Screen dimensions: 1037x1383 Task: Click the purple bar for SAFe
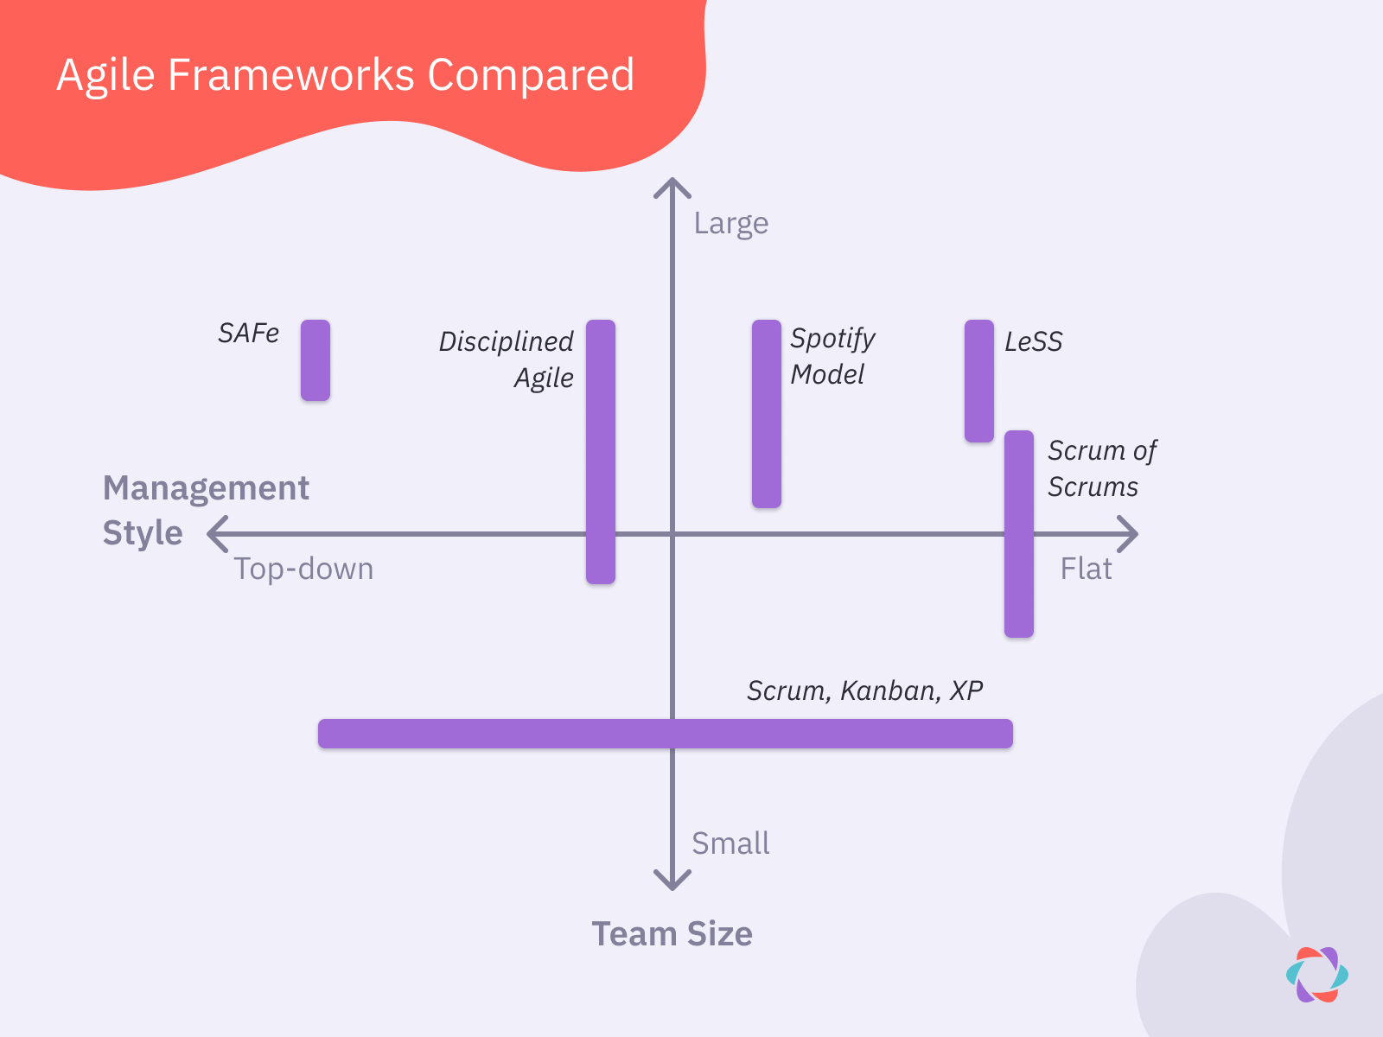[315, 360]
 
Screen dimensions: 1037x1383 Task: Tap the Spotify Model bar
[767, 414]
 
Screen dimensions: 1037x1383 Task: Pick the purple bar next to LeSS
[979, 381]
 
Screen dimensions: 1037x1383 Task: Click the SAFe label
[248, 334]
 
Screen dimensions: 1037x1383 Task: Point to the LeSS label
[1033, 342]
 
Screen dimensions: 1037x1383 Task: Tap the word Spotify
[832, 339]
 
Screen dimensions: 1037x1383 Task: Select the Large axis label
[730, 224]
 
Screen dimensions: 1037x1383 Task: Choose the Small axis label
[730, 843]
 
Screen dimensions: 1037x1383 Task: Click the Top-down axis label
[303, 569]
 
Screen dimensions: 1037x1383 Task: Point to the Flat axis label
[1086, 569]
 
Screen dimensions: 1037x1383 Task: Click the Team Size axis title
[672, 934]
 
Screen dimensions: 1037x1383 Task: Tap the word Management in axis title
[206, 489]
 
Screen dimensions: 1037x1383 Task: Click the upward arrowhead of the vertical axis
[672, 186]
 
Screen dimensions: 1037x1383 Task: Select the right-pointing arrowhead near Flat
[1128, 534]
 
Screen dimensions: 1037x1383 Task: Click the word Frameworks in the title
[291, 75]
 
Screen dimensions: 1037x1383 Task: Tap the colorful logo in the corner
[1316, 975]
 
